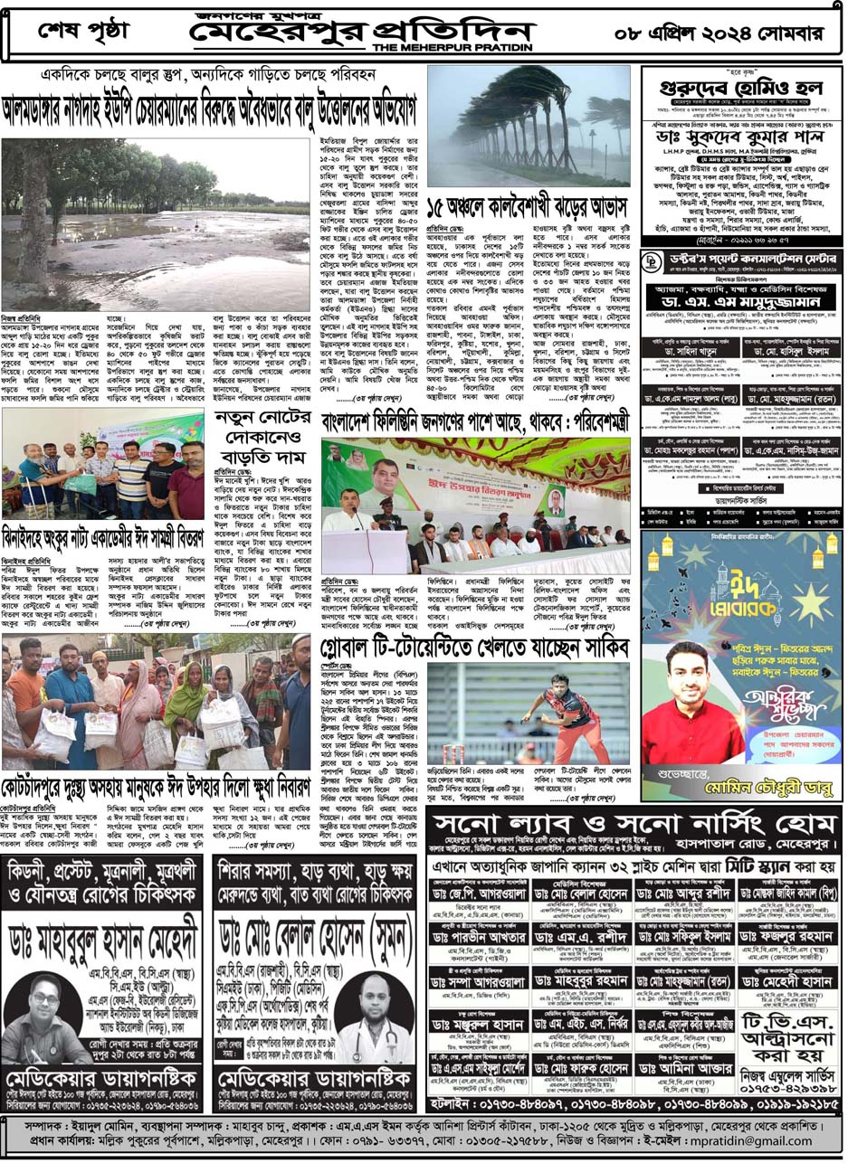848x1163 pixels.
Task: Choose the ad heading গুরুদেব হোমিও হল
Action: point(740,97)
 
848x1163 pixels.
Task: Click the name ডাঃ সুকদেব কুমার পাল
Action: point(740,138)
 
